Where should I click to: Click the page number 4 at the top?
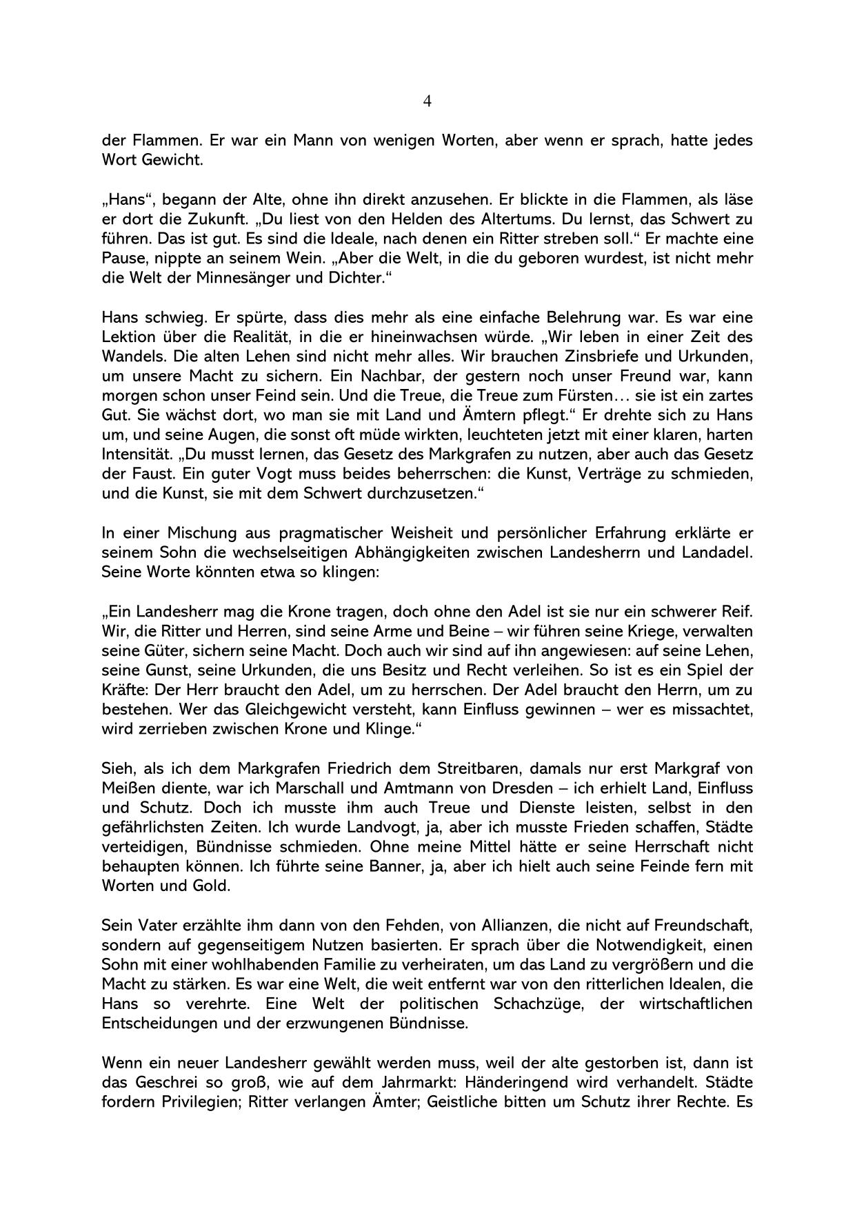click(427, 101)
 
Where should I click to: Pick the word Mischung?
click(194, 533)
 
